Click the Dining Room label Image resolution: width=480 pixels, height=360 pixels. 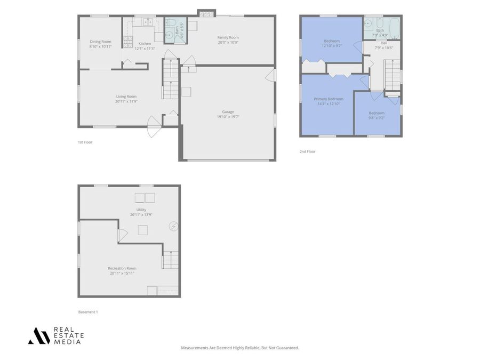coord(100,42)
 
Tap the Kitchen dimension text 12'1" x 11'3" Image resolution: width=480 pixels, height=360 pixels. coord(145,49)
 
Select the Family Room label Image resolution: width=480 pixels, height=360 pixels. coord(228,37)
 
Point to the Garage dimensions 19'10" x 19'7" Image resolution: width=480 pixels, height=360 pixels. coord(228,116)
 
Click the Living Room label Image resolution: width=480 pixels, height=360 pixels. coord(126,97)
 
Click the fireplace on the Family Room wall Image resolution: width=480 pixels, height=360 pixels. coord(207,12)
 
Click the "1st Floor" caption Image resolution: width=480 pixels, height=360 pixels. coord(85,142)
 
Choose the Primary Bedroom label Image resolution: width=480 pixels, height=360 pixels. coord(329,99)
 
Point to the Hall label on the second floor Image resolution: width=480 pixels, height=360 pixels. coord(384,43)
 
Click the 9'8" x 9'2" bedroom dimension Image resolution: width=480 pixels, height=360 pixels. coord(377,117)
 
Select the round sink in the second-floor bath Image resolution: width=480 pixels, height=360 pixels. coord(369,23)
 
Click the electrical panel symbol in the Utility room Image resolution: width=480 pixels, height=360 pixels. coord(173,226)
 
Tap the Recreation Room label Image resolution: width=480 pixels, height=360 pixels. coord(122,268)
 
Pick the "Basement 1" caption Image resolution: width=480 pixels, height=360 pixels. coord(88,312)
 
